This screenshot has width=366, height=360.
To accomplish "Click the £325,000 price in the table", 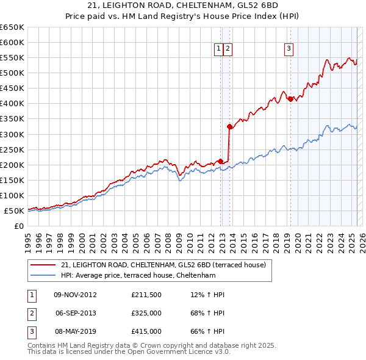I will [146, 313].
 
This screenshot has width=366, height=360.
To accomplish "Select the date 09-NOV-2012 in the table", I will [75, 295].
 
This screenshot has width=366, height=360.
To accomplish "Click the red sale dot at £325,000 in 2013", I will [229, 127].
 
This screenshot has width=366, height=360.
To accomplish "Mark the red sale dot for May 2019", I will [290, 99].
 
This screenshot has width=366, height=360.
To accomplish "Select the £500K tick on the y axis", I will [12, 73].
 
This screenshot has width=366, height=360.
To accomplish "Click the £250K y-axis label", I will [12, 149].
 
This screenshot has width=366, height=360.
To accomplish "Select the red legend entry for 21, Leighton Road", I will [163, 265].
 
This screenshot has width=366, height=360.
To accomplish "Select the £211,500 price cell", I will [146, 295].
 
